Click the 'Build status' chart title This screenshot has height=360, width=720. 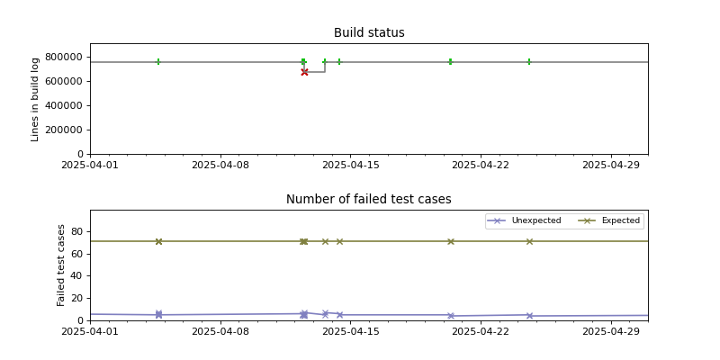tap(369, 33)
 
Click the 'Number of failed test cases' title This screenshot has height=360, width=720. tap(369, 200)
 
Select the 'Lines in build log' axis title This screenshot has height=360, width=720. tap(36, 99)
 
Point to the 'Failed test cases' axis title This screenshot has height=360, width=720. tap(62, 265)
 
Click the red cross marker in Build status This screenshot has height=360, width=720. tap(304, 72)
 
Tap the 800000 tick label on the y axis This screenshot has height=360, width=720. tap(64, 57)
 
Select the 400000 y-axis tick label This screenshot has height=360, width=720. tap(64, 105)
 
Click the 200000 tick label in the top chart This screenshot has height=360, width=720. tap(64, 130)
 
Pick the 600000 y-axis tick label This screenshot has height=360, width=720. tap(64, 81)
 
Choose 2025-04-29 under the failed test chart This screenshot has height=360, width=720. tap(611, 331)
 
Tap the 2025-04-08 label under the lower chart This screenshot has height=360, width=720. tap(220, 331)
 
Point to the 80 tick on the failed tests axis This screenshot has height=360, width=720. tap(77, 231)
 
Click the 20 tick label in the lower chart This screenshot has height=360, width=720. tap(77, 298)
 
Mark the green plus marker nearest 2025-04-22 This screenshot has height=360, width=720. tap(450, 62)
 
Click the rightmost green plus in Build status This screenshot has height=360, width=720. tap(529, 62)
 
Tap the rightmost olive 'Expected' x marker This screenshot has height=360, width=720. tap(529, 241)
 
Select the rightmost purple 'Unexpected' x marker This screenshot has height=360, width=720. tap(529, 316)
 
